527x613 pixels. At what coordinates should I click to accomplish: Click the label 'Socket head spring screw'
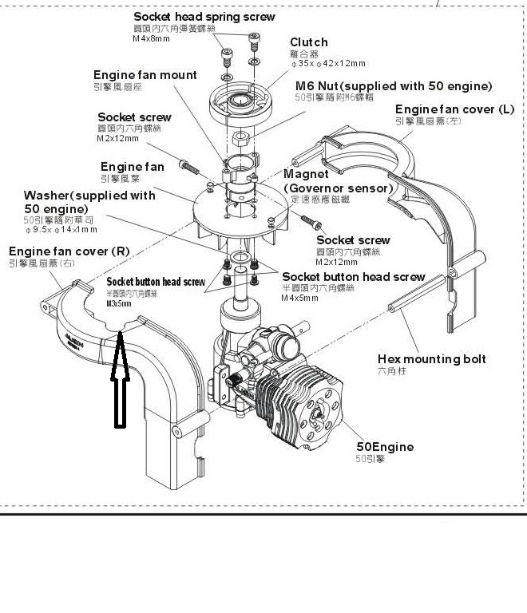(204, 16)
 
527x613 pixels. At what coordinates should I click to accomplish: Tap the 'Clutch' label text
(308, 42)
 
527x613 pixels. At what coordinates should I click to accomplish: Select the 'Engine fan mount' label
(145, 75)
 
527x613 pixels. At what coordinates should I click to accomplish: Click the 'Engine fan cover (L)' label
(454, 109)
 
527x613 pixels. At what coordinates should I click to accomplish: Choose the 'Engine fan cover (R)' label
(69, 251)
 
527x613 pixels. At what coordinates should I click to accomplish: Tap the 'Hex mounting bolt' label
(431, 359)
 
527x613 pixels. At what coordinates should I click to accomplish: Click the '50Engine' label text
(385, 447)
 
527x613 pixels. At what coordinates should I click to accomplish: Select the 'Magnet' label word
(306, 175)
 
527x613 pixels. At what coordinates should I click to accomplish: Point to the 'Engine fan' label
(132, 167)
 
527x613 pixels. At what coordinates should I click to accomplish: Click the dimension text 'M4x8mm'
(152, 38)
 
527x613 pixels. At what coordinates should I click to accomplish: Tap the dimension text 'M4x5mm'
(300, 299)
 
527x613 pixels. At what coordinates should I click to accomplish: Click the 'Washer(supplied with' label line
(89, 196)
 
